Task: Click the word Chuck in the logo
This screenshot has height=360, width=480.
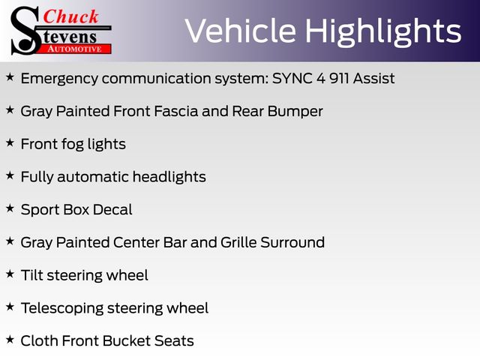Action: (x=70, y=16)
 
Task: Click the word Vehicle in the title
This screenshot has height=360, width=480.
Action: (x=241, y=31)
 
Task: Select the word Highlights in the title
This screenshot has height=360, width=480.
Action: (x=383, y=31)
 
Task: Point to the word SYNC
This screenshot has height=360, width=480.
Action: (x=292, y=78)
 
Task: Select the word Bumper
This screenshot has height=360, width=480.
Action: (x=295, y=112)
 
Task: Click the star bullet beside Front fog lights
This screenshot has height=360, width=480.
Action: (x=10, y=142)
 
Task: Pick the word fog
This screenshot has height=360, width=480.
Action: (x=73, y=145)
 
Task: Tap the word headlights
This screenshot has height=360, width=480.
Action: (x=169, y=177)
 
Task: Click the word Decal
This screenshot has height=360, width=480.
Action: (x=112, y=210)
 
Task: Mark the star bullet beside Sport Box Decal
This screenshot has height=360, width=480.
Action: (x=10, y=208)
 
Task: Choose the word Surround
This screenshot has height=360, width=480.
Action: (x=292, y=242)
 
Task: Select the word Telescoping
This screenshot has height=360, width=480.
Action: (x=62, y=309)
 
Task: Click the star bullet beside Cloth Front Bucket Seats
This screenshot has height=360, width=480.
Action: (x=10, y=339)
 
